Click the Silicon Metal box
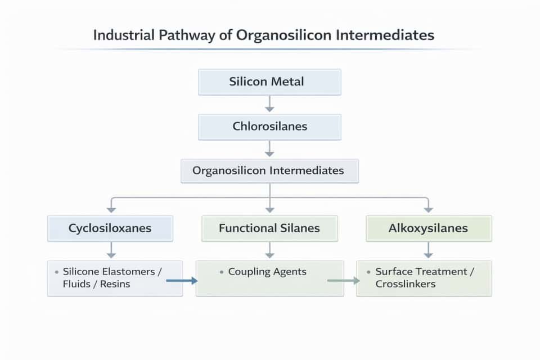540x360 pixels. click(x=269, y=82)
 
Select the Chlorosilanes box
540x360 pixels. click(x=269, y=127)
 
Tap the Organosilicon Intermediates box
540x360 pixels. click(x=269, y=170)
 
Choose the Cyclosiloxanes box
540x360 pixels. click(x=110, y=228)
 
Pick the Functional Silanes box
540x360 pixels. click(x=269, y=228)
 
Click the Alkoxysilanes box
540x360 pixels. click(x=429, y=228)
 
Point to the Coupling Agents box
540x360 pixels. click(x=269, y=278)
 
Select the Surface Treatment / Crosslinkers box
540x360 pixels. click(x=424, y=278)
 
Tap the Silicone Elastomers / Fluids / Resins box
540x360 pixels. click(x=115, y=278)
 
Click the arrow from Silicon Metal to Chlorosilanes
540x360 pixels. click(x=269, y=103)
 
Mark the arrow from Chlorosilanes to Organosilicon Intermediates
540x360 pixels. click(x=269, y=148)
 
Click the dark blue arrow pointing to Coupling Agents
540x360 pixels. click(x=182, y=280)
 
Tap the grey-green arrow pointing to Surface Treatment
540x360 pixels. click(x=344, y=280)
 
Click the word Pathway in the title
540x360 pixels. click(x=184, y=35)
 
